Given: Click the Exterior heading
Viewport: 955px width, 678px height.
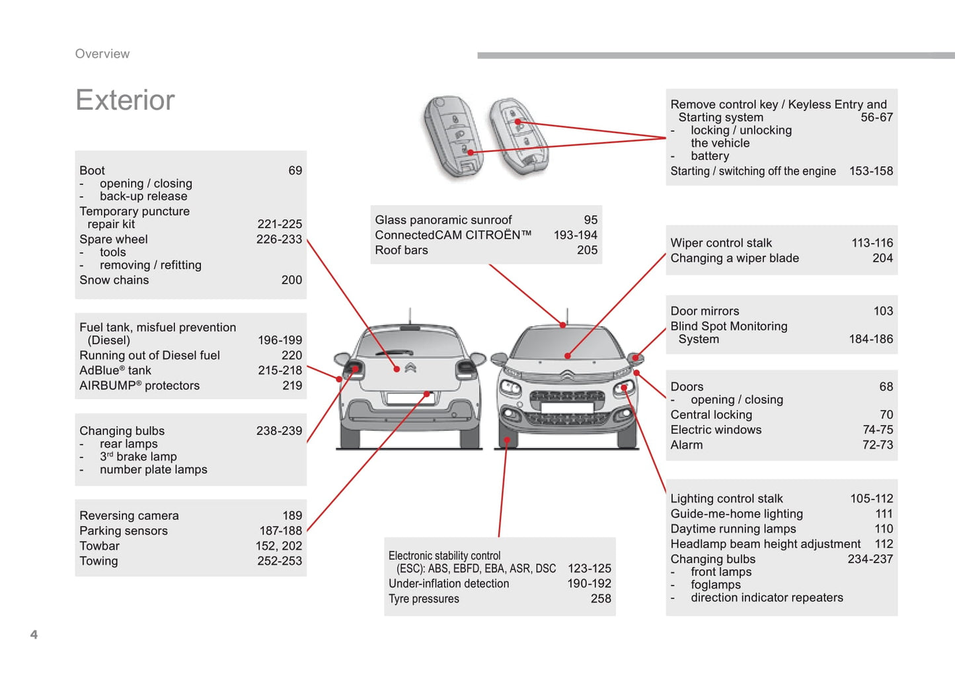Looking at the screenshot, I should (125, 100).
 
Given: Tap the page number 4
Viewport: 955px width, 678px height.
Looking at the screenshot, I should (34, 634).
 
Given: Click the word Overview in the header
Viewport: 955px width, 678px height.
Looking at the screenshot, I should (102, 54).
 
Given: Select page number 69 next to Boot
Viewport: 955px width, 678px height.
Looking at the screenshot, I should (295, 170).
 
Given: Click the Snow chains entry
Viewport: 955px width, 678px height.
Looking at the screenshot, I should (114, 280).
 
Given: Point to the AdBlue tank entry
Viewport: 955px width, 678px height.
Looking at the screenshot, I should (116, 371).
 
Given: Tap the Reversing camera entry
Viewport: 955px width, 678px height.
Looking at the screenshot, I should (129, 516).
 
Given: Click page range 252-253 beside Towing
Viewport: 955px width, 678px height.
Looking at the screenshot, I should (280, 561).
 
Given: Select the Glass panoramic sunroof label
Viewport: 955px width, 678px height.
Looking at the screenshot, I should (443, 220).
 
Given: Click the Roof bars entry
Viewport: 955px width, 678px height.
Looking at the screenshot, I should (401, 250).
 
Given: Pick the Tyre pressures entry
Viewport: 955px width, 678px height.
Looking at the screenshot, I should (424, 599).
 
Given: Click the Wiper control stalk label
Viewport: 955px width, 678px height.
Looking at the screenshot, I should (721, 243).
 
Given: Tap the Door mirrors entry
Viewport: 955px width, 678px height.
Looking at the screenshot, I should (705, 311).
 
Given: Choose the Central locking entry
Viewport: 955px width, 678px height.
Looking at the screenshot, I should (711, 415).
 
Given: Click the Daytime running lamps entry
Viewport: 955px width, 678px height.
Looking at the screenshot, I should (733, 529).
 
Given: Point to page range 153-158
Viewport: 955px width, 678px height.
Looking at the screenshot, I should (870, 171).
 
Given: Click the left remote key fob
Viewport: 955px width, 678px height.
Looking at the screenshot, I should (455, 137).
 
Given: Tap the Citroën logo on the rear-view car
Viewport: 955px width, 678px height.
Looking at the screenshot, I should (410, 367).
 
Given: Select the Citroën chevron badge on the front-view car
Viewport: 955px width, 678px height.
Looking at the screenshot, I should (567, 376).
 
